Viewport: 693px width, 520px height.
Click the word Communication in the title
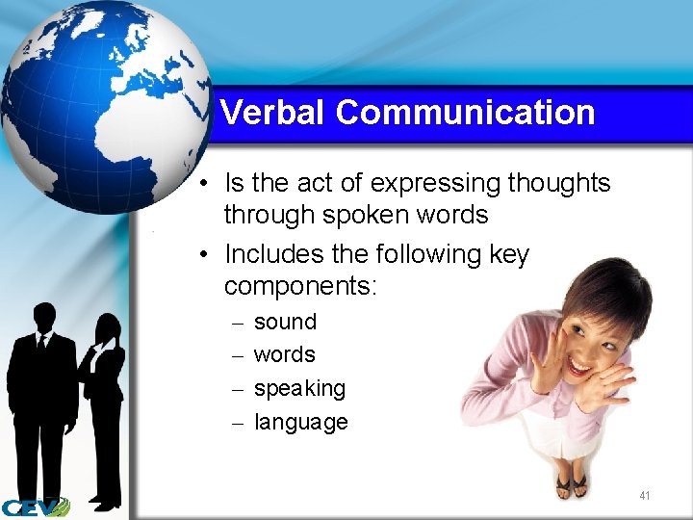tap(465, 113)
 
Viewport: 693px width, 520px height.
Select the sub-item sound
tap(285, 322)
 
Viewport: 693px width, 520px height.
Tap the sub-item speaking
tap(299, 389)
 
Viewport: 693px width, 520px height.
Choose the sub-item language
tap(300, 422)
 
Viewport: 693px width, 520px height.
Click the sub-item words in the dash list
tap(284, 354)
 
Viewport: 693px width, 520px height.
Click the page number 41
tap(644, 496)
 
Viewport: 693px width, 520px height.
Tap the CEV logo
tap(35, 507)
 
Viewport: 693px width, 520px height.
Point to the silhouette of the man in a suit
tap(40, 395)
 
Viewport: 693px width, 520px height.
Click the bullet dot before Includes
tap(206, 254)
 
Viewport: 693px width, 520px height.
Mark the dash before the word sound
tap(237, 323)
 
